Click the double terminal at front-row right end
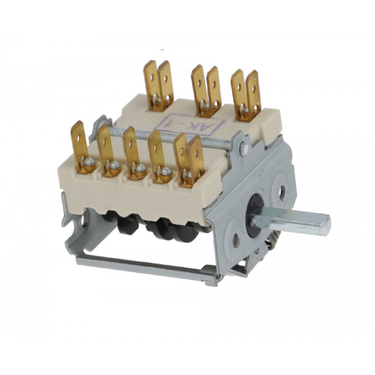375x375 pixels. point(189,161)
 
